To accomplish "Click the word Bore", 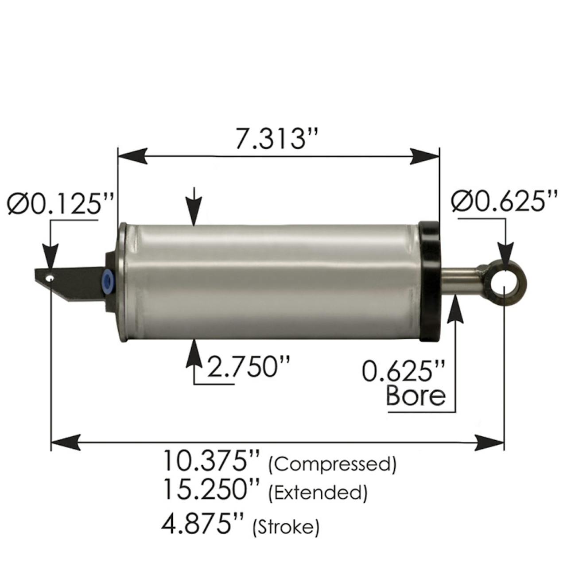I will (x=416, y=396).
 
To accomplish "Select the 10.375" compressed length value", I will (x=211, y=461).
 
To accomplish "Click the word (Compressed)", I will (x=332, y=464).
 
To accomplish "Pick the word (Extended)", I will (x=318, y=493).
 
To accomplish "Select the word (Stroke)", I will (x=286, y=527).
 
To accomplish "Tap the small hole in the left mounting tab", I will (x=51, y=279).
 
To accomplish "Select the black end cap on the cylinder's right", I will (x=430, y=281).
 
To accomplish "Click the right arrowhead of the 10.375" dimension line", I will (x=489, y=443).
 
